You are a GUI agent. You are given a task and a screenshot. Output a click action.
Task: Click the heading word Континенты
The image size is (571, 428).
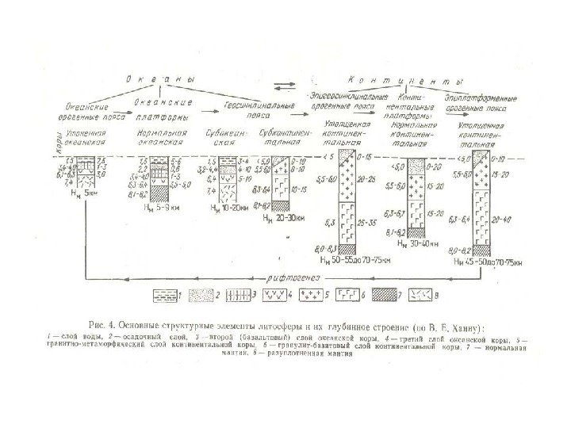(x=405, y=82)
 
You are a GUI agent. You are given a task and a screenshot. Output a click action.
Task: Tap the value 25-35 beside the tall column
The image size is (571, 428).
(x=369, y=224)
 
